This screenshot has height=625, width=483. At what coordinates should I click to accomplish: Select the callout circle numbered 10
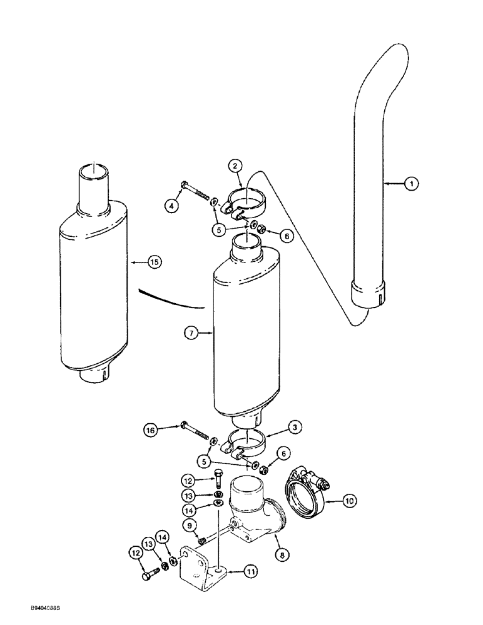pyautogui.click(x=348, y=499)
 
